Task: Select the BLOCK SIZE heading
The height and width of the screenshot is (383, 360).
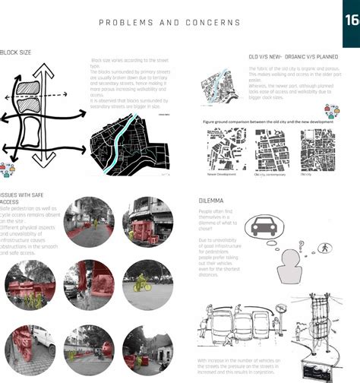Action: (16, 52)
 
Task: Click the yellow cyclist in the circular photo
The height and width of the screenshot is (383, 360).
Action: (141, 283)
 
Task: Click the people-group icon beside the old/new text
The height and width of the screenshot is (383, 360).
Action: (332, 111)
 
